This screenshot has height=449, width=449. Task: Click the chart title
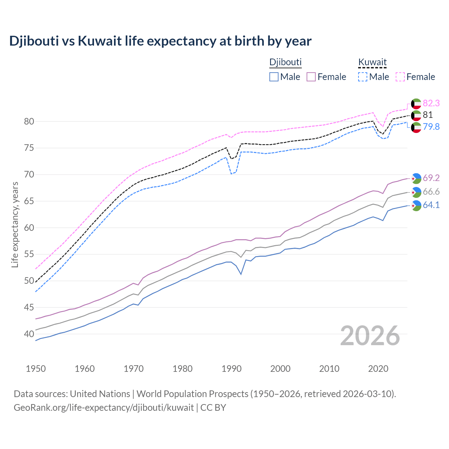[160, 41]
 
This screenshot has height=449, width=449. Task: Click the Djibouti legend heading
[285, 62]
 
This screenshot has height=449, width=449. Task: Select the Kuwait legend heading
[372, 62]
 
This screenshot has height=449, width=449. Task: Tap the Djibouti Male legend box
[274, 77]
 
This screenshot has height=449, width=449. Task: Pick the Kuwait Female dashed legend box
[400, 77]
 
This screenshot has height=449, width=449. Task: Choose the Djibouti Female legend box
[311, 77]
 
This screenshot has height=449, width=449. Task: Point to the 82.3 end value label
[431, 103]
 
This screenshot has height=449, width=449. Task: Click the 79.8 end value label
[431, 127]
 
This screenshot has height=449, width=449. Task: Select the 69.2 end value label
[431, 178]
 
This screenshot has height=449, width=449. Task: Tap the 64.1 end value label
[431, 205]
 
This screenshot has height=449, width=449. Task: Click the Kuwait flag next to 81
[416, 115]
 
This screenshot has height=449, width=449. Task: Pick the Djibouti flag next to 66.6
[416, 192]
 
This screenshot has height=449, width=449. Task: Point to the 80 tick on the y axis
[29, 121]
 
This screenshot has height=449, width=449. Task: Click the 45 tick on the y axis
[29, 307]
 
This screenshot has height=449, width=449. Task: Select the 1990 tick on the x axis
[232, 369]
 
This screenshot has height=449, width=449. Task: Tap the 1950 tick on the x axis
[36, 369]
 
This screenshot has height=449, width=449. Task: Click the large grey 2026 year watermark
[370, 336]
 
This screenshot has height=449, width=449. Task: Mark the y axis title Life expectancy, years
[15, 224]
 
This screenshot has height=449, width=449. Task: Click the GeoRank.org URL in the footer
[103, 407]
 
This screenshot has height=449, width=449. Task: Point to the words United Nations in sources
[100, 394]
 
